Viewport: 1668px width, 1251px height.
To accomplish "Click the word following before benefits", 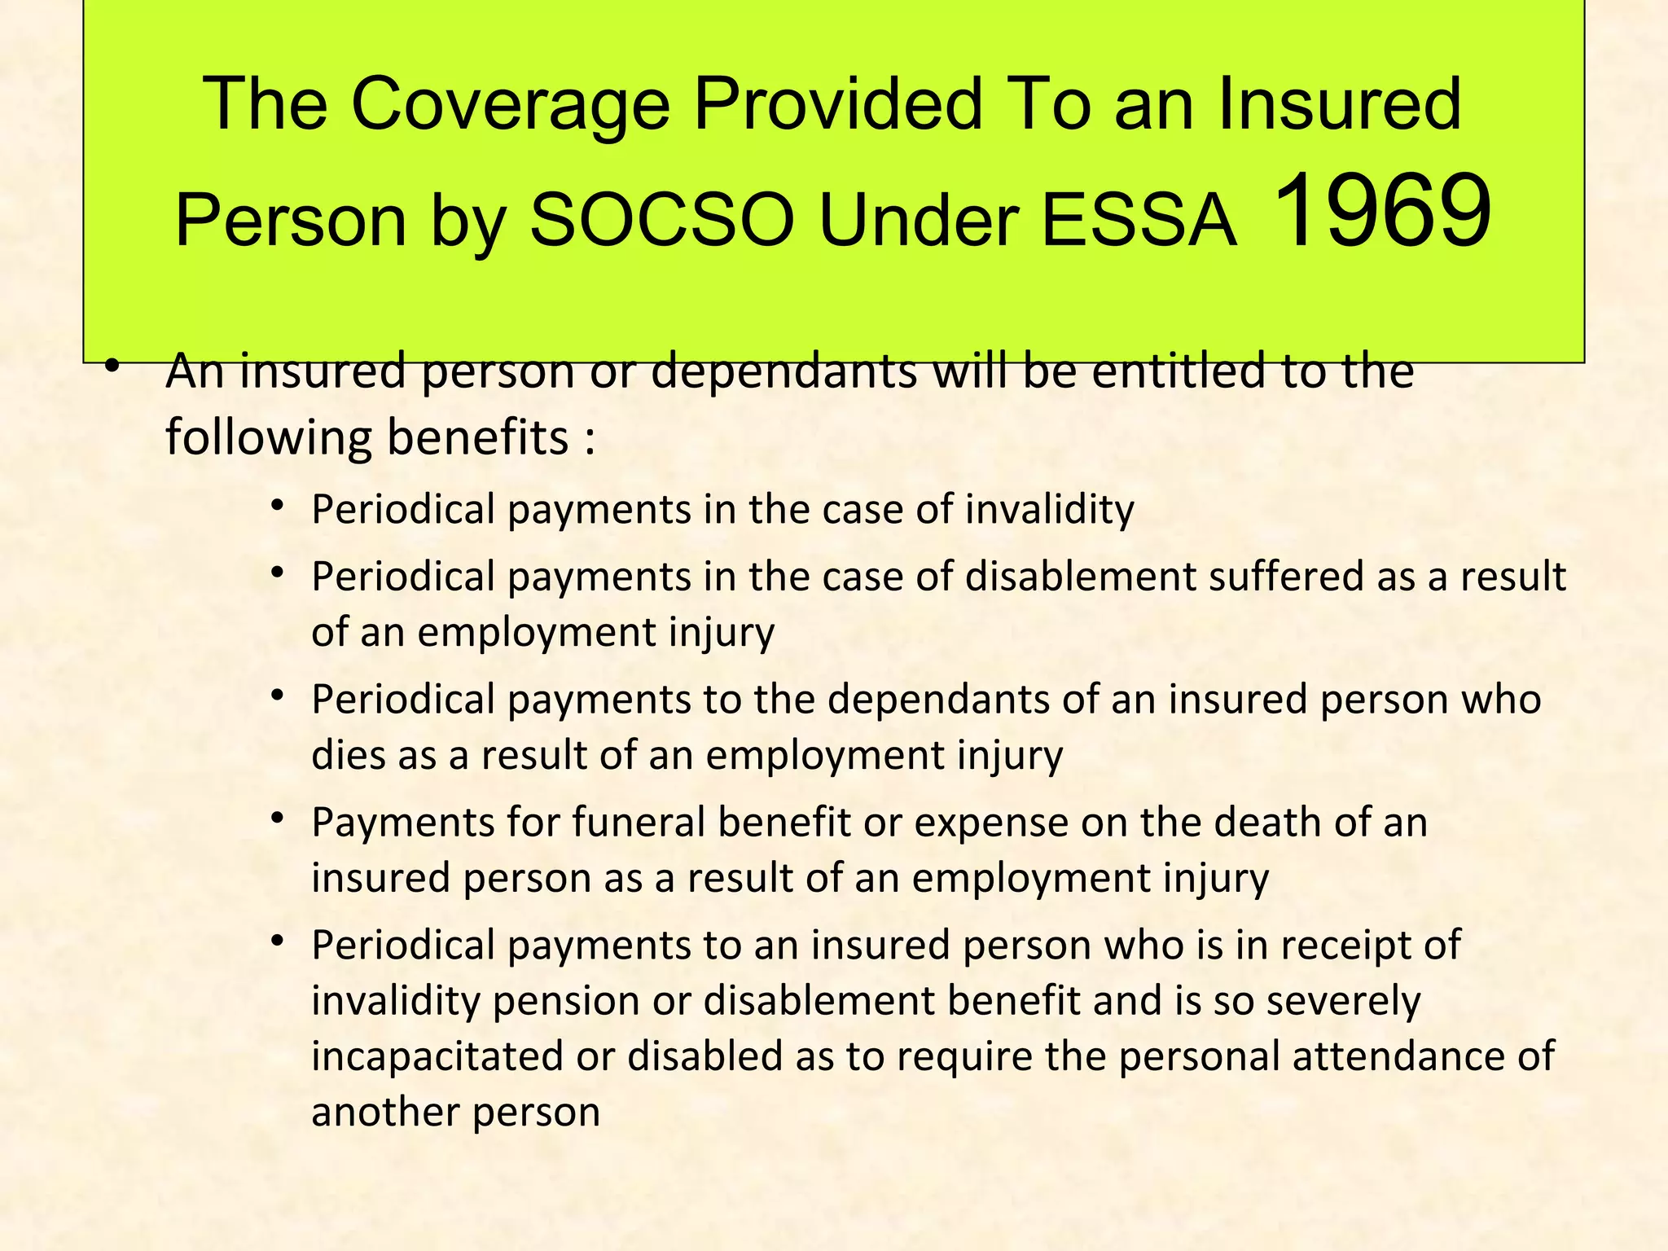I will (268, 438).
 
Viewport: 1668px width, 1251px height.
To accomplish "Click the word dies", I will (348, 754).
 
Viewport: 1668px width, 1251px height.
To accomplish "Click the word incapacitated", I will (437, 1056).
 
